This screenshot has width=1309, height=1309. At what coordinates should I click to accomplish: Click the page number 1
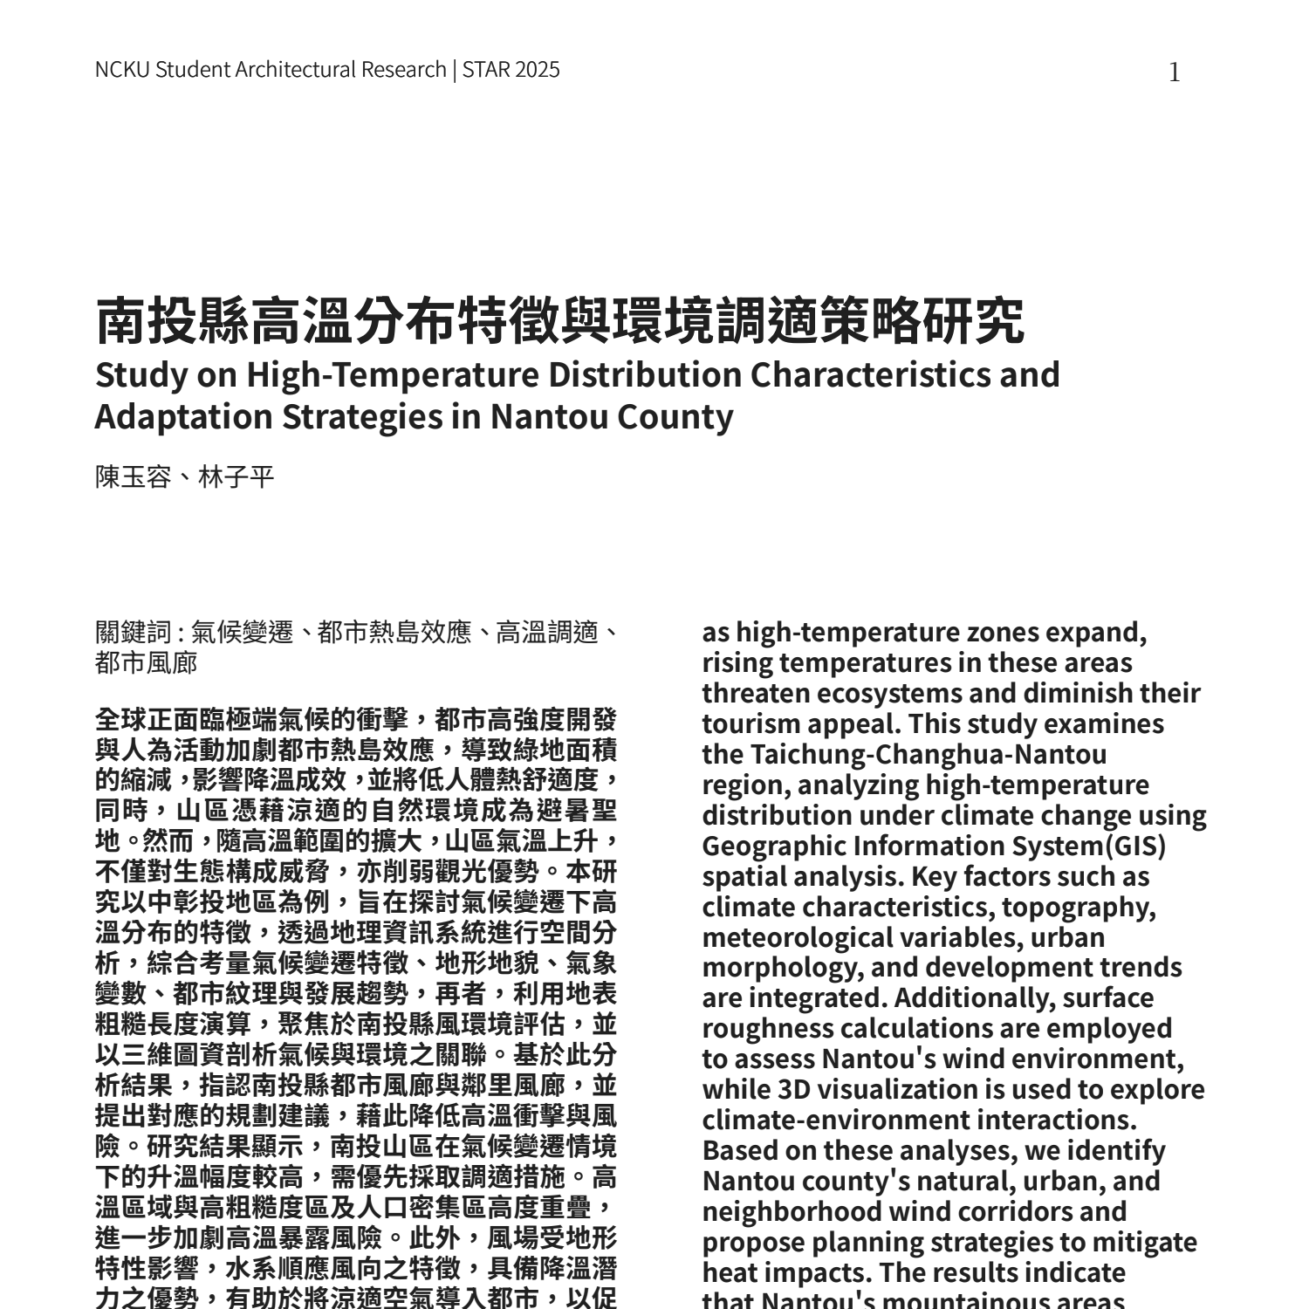1175,72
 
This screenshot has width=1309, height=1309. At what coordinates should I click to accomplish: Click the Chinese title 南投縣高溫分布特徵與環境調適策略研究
559,321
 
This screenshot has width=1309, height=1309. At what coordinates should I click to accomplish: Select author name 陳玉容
133,477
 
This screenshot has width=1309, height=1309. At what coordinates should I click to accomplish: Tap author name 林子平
236,477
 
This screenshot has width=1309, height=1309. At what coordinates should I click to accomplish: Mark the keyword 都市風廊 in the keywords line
146,662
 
